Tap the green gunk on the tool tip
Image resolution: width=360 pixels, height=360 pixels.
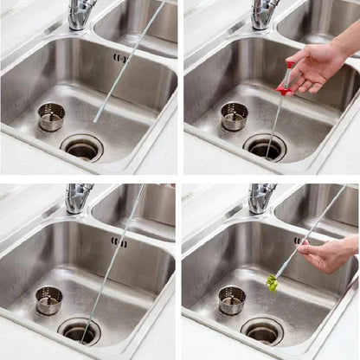[273, 282]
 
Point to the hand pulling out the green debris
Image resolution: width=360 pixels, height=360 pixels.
[327, 255]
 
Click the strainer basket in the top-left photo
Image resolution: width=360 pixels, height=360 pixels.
[51, 116]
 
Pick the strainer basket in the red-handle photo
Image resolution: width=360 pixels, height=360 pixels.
[234, 116]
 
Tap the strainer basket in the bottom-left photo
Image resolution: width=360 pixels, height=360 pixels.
[48, 299]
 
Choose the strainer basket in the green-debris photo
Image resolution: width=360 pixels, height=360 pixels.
[231, 299]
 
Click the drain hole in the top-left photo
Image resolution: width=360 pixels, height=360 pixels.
[82, 148]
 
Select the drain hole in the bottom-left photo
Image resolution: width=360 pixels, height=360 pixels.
[79, 330]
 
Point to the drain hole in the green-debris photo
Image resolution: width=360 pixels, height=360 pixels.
[262, 331]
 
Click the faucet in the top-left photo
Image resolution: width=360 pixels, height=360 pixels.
[82, 12]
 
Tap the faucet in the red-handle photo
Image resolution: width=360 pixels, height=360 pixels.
[265, 12]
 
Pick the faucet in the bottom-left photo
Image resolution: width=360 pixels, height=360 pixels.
[79, 196]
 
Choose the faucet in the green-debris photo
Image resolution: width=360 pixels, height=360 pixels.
[261, 196]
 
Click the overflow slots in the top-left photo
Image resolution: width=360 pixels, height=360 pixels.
[119, 59]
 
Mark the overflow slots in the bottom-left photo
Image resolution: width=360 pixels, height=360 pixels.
[119, 242]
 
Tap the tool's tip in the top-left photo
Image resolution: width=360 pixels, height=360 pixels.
[95, 120]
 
